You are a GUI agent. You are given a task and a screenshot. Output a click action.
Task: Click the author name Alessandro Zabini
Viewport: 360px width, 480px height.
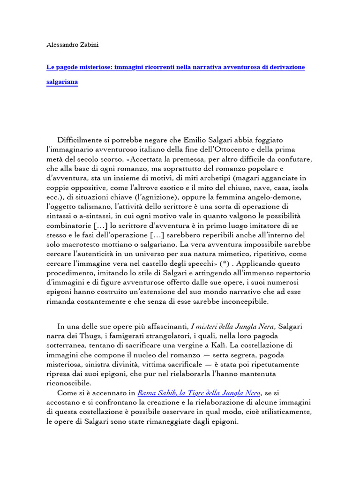(x=72, y=45)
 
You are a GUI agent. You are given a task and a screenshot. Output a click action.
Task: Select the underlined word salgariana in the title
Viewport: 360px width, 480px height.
(x=62, y=82)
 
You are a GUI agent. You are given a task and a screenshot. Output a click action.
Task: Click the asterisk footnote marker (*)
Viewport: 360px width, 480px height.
(x=227, y=263)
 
